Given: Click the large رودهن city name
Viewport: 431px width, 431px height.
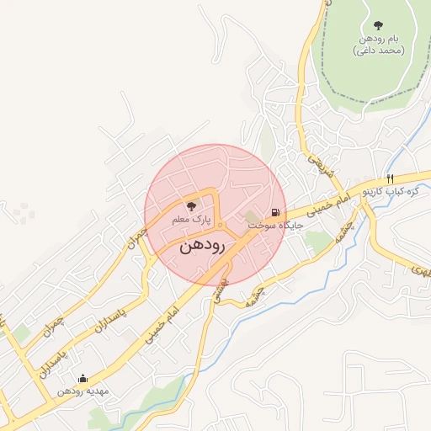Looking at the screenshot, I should [x=203, y=247].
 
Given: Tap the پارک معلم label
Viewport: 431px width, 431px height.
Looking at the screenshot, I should [x=190, y=220].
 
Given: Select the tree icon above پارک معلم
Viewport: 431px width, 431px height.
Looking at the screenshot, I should [x=191, y=205].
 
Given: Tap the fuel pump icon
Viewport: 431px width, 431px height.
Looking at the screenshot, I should [x=275, y=212].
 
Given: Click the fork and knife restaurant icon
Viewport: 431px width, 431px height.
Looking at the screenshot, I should [x=390, y=178].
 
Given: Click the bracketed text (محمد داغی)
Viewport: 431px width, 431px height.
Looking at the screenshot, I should [x=379, y=51].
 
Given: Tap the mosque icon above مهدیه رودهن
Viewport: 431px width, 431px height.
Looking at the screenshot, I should [x=82, y=378].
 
